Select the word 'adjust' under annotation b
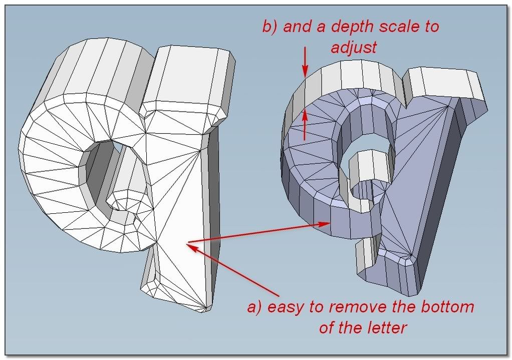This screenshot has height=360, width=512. [x=353, y=49]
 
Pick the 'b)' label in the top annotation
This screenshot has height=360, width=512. [x=271, y=27]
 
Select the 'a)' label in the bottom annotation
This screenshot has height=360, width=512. [x=255, y=307]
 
